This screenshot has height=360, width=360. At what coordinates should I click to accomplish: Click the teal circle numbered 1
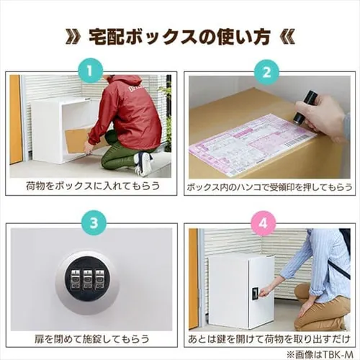pos(90,71)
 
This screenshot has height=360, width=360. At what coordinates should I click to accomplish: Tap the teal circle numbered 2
pos(266,71)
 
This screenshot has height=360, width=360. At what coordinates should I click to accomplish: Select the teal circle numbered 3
pos(94,223)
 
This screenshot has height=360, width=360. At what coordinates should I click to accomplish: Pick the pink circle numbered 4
pos(264,223)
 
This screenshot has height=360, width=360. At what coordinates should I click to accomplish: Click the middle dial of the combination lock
pos(87,279)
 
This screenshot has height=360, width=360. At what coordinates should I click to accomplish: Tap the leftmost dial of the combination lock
pos(75,279)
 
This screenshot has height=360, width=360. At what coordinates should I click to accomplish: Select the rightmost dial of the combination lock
pos(99,279)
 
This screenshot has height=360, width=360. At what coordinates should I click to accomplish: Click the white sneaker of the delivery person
pos(143,163)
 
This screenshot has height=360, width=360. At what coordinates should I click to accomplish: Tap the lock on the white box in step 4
pos(255,293)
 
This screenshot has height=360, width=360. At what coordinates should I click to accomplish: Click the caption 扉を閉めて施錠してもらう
pos(91,339)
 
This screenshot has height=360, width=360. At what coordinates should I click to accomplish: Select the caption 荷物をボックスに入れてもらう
pos(93,186)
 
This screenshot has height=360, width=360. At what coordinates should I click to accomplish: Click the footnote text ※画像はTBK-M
pos(320,354)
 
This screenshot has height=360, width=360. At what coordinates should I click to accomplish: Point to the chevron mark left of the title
pos(72,37)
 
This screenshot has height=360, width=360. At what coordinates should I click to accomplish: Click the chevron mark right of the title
pos(287,37)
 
